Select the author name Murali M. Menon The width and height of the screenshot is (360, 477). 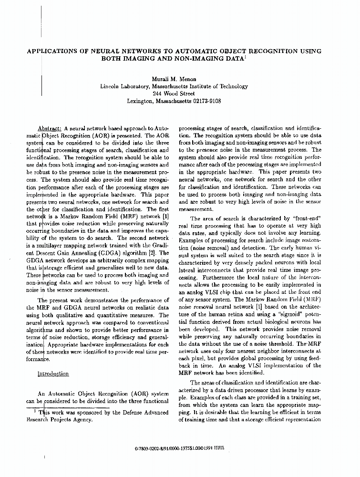tap(174, 79)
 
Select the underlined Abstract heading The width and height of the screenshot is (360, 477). tap(49, 129)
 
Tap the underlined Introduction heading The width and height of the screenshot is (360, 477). tap(53, 374)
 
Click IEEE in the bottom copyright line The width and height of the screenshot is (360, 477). tap(219, 449)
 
